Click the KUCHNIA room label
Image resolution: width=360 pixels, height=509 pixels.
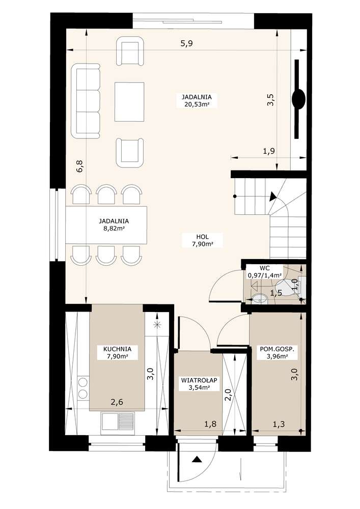click(x=117, y=349)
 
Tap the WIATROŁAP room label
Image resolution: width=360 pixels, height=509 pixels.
click(x=199, y=380)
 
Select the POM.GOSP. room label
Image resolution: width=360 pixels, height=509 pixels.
click(x=277, y=349)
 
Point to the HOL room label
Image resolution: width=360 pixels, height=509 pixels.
click(x=202, y=237)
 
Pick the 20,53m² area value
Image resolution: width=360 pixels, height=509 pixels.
click(x=197, y=104)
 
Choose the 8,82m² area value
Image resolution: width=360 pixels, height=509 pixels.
click(x=114, y=229)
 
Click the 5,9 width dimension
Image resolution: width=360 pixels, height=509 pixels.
click(x=186, y=43)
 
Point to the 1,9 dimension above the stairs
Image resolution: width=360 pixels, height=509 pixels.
click(x=268, y=151)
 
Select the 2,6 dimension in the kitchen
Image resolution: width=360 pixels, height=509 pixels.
click(x=117, y=402)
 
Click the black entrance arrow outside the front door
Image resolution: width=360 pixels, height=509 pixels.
click(x=196, y=459)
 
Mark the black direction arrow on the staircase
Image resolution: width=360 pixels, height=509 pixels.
click(x=273, y=196)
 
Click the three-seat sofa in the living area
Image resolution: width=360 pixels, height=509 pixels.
click(x=86, y=101)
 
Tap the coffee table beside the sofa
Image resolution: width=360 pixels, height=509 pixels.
click(x=129, y=102)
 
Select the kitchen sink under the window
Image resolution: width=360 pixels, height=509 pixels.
click(x=118, y=421)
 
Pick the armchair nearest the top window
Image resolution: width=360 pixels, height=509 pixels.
click(x=130, y=50)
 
